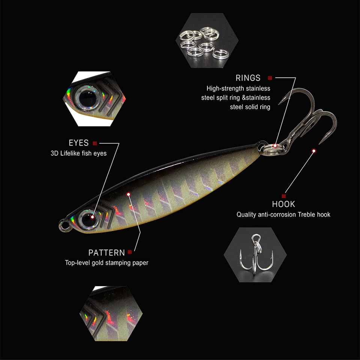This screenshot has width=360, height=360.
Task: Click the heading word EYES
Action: click(x=79, y=143)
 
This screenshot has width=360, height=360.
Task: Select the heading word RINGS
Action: click(x=248, y=78)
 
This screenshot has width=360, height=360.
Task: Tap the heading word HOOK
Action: click(x=283, y=204)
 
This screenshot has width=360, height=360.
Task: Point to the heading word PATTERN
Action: click(x=106, y=252)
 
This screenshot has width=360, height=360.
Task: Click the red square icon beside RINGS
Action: click(x=270, y=78)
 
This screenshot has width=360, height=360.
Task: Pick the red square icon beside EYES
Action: click(x=95, y=143)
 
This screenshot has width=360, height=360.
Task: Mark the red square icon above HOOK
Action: click(x=283, y=196)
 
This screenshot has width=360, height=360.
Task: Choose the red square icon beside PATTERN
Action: click(x=130, y=252)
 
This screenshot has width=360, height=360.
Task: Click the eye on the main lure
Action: click(x=88, y=219)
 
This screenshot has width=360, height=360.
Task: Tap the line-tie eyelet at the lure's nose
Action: click(x=64, y=225)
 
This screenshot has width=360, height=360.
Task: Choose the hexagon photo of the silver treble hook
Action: click(x=255, y=254)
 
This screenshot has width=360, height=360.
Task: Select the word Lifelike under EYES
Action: click(x=73, y=153)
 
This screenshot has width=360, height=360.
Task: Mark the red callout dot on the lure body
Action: click(x=129, y=194)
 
